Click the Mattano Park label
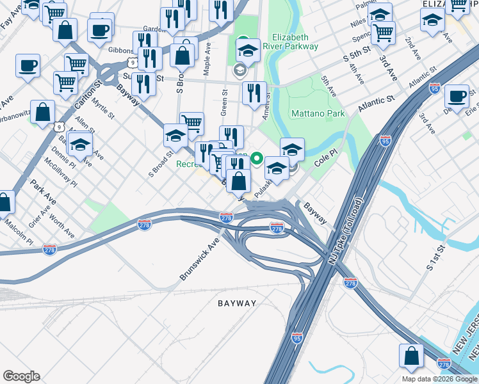(x=318, y=114)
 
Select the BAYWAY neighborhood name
(x=236, y=303)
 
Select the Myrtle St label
(x=102, y=108)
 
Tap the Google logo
(x=21, y=376)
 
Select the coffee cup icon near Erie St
(x=457, y=97)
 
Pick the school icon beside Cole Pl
(x=292, y=150)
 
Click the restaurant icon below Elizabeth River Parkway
(x=255, y=93)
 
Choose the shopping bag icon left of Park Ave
(x=4, y=202)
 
